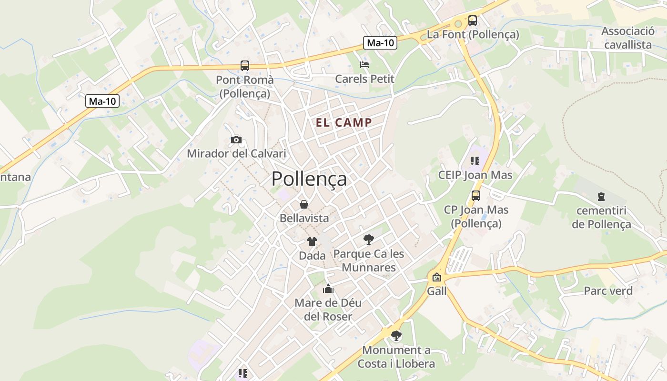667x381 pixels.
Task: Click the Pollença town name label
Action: pos(309,179)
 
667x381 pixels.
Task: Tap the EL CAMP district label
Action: pos(344,122)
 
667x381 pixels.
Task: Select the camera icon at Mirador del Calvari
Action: pos(236,140)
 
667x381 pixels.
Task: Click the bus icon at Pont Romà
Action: pos(245,66)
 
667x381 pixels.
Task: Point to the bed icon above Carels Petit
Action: pos(364,64)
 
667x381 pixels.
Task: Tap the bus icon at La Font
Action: pos(472,20)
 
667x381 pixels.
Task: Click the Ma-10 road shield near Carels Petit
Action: pos(381,43)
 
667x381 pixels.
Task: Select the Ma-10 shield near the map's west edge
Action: pos(102,101)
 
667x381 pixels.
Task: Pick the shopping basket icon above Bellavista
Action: pos(304,204)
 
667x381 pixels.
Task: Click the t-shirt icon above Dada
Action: pos(312,241)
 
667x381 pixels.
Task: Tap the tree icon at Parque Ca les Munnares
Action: pos(368,239)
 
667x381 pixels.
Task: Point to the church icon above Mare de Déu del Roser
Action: pos(328,289)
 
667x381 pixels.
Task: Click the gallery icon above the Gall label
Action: pos(437,277)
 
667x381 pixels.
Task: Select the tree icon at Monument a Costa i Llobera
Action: pos(396,336)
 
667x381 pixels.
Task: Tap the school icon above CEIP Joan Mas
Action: pos(475,161)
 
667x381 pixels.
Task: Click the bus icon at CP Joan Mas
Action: pos(475,195)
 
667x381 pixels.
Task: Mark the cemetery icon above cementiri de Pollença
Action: pos(601,196)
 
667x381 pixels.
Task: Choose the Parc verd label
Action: pos(608,291)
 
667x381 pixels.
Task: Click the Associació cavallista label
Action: pos(628,38)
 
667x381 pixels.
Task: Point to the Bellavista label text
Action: pos(304,218)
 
